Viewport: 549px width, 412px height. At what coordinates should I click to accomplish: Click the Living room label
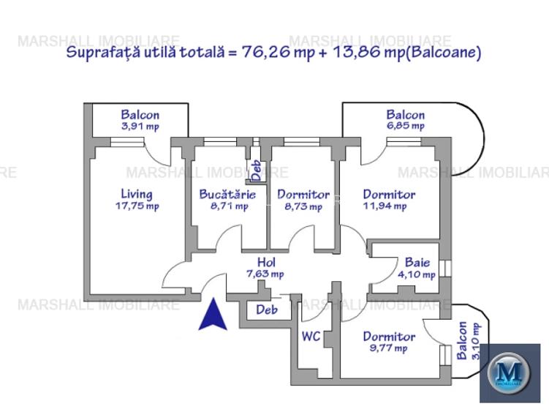[136, 194]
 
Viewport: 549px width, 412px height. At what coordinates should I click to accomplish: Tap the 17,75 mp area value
[137, 206]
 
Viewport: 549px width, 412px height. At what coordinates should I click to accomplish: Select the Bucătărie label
[227, 195]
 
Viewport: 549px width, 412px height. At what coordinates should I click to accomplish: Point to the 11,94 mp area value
[385, 206]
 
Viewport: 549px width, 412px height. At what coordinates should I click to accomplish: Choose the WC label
[312, 337]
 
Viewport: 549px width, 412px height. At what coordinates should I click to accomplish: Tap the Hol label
[265, 262]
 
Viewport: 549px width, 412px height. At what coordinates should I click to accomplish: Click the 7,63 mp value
[265, 274]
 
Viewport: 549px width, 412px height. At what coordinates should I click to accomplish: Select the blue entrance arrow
[211, 315]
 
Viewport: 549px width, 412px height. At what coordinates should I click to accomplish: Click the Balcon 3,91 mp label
[140, 120]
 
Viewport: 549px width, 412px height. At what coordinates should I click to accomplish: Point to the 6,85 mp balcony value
[406, 126]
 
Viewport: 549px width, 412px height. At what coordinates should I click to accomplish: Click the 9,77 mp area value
[389, 348]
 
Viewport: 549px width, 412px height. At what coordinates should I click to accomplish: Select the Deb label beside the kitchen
[257, 170]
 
